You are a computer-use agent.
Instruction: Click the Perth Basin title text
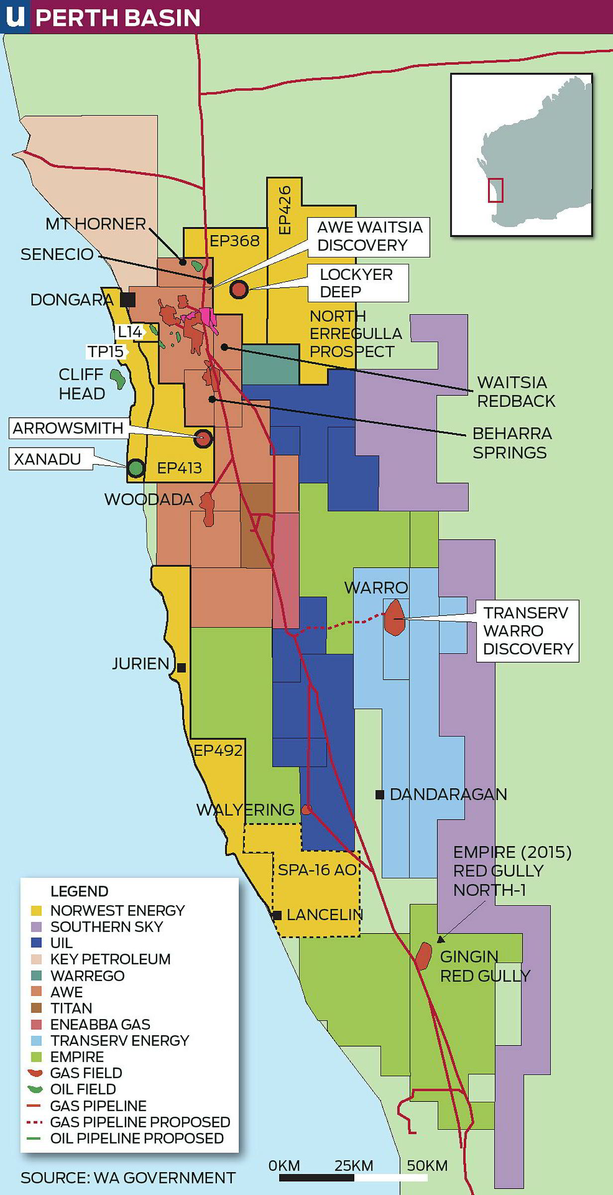pos(118,18)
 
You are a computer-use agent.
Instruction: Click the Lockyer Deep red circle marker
pos(239,289)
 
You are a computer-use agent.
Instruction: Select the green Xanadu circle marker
pos(136,468)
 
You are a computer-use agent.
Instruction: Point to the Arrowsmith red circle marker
pos(203,438)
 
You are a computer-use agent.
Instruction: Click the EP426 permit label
pos(285,210)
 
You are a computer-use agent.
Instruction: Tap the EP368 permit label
pos(234,241)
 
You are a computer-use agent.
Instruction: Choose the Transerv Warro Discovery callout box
pos(527,630)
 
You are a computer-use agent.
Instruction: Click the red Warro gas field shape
pos(395,617)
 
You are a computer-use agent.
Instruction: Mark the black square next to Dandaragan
pos(380,795)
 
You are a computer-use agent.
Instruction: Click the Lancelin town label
pos(324,915)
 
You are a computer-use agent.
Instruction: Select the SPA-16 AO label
pos(317,870)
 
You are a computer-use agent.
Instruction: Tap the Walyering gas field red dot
pos(307,810)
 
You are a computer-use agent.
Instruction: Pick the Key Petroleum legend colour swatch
pos(36,959)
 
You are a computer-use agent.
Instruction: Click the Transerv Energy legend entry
pos(119,1041)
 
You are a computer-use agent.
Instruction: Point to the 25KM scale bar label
pos(354,1166)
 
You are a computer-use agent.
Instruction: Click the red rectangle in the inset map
pos(495,190)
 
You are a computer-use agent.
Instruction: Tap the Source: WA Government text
pos(128,1178)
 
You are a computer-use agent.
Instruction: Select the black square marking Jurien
pos(182,668)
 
